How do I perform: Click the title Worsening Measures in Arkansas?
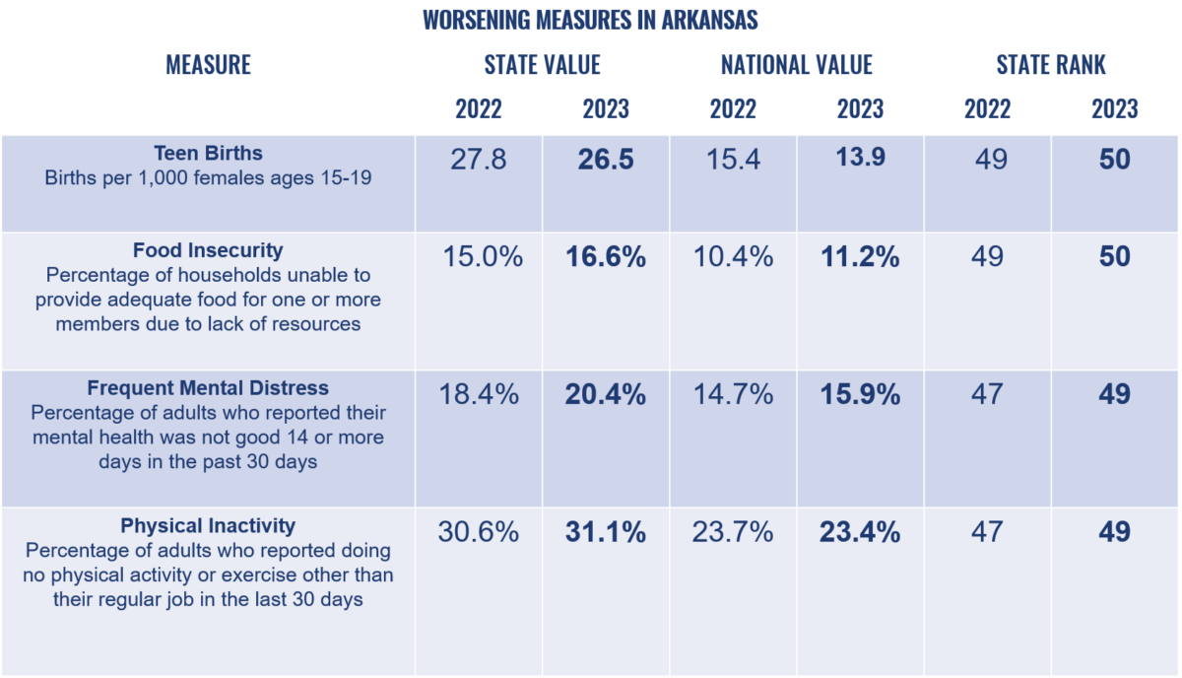590,20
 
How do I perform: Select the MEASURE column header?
209,65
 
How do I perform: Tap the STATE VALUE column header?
543,65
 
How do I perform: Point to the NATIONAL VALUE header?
797,65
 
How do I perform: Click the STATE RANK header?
1051,65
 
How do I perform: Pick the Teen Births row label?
209,153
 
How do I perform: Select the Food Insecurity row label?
208,250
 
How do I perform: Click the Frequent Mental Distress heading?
208,388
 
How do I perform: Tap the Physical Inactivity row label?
208,526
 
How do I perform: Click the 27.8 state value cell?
479,160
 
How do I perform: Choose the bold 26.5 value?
606,160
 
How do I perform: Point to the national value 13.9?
861,157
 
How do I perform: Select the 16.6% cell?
606,257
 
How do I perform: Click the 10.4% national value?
734,257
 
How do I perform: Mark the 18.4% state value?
479,394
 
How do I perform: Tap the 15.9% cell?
861,394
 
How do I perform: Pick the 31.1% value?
606,532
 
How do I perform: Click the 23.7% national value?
734,532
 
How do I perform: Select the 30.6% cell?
479,532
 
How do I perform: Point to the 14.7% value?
734,394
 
